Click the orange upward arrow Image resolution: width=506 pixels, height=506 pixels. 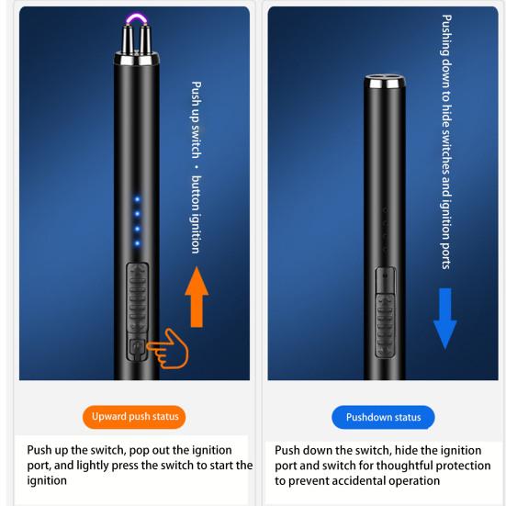pos(197,297)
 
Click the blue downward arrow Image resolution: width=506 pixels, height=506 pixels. pos(445,319)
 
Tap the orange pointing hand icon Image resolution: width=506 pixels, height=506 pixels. pos(169,349)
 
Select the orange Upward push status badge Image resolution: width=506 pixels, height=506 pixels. pos(134,417)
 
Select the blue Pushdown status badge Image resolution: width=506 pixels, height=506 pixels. pos(383,417)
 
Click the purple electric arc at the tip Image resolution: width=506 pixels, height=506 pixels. pos(137,18)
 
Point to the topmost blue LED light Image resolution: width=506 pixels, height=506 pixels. pos(137,199)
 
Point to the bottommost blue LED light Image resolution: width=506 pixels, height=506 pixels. pos(137,243)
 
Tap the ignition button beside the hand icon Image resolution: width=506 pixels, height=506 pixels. pos(137,348)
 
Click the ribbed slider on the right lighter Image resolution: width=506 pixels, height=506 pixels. pos(386,325)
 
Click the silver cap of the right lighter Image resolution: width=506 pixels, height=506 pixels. pos(385,82)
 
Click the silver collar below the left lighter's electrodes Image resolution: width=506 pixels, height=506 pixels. pos(137,58)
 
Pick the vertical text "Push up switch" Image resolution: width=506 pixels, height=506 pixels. pos(196,119)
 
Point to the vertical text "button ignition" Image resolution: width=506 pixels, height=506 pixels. pos(196,215)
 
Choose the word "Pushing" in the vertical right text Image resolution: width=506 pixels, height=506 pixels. pos(446,36)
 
